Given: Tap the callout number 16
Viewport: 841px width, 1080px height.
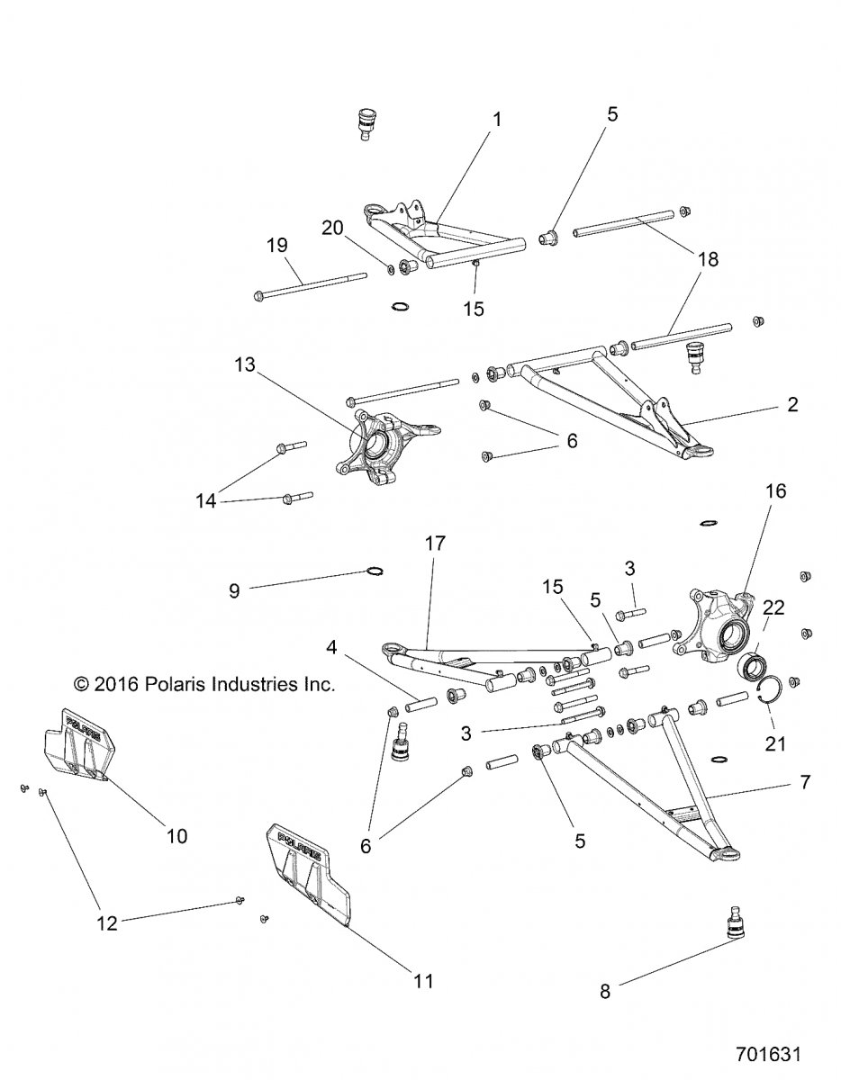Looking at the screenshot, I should [x=775, y=490].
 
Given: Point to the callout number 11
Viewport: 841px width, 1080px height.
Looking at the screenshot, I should [x=422, y=980].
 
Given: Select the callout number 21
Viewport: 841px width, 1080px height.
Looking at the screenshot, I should [x=775, y=743].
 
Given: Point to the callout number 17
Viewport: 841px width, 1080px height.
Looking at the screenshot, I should [x=436, y=544].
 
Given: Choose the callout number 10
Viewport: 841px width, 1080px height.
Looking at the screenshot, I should [x=177, y=835].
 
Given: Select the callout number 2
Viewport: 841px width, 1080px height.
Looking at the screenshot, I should [x=791, y=405].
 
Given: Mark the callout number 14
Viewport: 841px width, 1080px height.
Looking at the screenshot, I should [x=207, y=499].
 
